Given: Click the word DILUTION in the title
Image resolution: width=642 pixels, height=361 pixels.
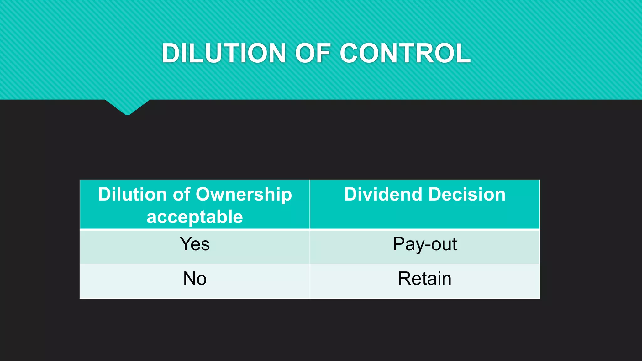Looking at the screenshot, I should [x=224, y=53].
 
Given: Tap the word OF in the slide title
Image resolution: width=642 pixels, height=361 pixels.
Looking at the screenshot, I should [x=313, y=53].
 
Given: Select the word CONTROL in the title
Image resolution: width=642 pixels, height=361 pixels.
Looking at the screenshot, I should [x=405, y=53].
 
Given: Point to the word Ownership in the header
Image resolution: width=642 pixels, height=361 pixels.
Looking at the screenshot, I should [x=244, y=195].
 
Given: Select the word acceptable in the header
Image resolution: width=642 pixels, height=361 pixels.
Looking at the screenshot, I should [x=195, y=217].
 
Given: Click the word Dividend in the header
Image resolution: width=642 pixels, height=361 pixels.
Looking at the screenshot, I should [x=382, y=194].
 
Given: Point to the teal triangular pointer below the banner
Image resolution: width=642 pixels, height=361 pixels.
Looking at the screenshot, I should [x=127, y=107].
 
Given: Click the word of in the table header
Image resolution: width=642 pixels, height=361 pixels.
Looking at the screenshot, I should [x=182, y=194].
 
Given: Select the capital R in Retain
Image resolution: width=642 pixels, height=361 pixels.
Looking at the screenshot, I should [x=404, y=278].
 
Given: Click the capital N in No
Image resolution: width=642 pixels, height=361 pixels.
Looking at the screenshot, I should [x=189, y=278].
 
